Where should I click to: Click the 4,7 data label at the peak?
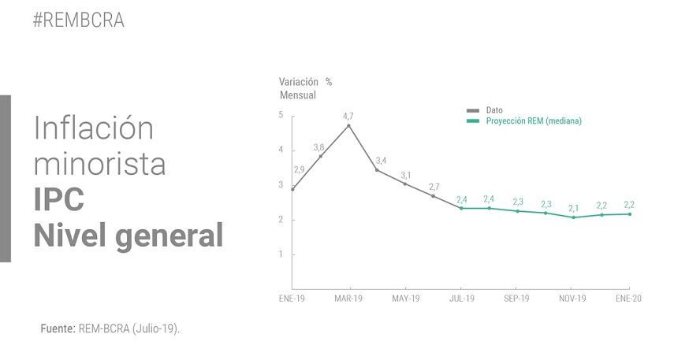tap(348, 116)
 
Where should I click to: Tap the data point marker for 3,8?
tap(321, 156)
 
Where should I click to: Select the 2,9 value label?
tap(300, 169)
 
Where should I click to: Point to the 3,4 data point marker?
tap(377, 170)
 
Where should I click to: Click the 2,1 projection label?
tap(573, 208)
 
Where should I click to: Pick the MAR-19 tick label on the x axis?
tap(348, 299)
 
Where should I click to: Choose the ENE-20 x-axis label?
tap(628, 299)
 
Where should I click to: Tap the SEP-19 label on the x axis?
tap(516, 299)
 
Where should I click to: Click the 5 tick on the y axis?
tap(281, 115)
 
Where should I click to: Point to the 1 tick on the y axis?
tap(281, 254)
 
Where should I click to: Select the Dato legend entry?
tap(485, 110)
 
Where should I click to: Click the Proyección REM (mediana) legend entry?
tap(524, 121)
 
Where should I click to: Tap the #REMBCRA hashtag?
tap(79, 20)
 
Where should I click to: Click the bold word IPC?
tap(59, 199)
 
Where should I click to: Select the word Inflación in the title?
tap(94, 128)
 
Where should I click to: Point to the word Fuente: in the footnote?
tap(58, 328)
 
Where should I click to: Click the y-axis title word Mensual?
tap(298, 95)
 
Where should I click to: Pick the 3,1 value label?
tap(406, 176)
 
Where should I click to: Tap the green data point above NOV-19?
tap(573, 217)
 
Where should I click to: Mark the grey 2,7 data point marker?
tap(433, 196)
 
